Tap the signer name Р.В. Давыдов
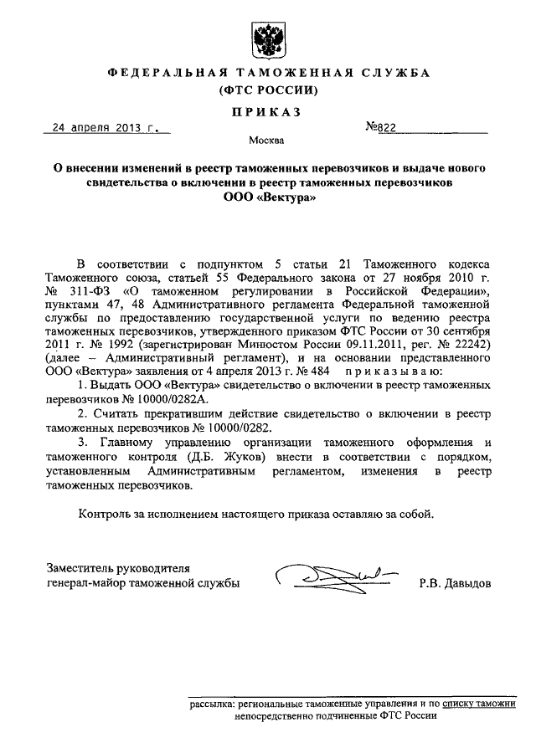coord(456,583)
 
